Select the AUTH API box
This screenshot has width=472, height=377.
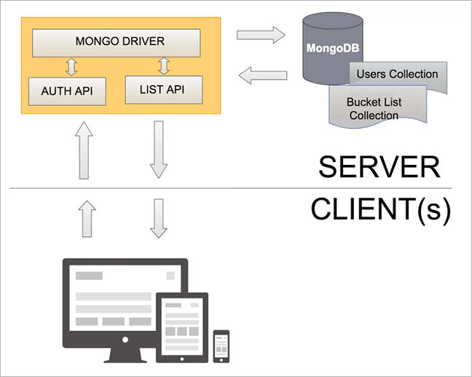[67, 91]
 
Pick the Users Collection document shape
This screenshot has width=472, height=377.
[398, 74]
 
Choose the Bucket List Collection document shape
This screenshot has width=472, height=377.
[374, 109]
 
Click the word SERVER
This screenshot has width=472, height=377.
[379, 167]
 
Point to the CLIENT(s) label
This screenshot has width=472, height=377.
[379, 209]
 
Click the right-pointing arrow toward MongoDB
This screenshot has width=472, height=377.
[260, 34]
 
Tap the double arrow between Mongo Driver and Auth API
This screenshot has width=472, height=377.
[71, 67]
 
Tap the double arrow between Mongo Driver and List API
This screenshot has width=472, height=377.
[163, 66]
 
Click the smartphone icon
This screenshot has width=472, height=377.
[221, 346]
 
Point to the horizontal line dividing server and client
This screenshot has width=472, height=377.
[219, 188]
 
